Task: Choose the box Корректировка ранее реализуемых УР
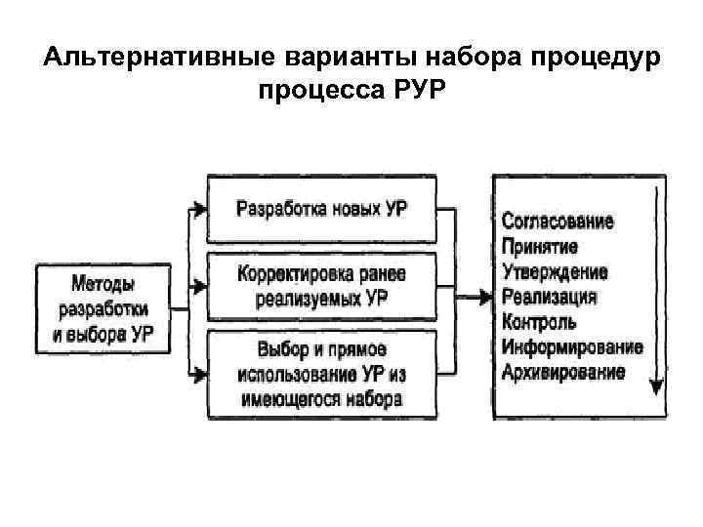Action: click(321, 286)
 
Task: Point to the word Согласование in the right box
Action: click(558, 221)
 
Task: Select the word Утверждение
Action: click(555, 270)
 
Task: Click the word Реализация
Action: click(550, 297)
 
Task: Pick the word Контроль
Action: click(538, 321)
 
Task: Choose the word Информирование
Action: click(571, 346)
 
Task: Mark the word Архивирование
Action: click(563, 372)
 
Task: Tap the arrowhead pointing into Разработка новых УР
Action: click(199, 209)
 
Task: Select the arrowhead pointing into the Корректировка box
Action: click(199, 287)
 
